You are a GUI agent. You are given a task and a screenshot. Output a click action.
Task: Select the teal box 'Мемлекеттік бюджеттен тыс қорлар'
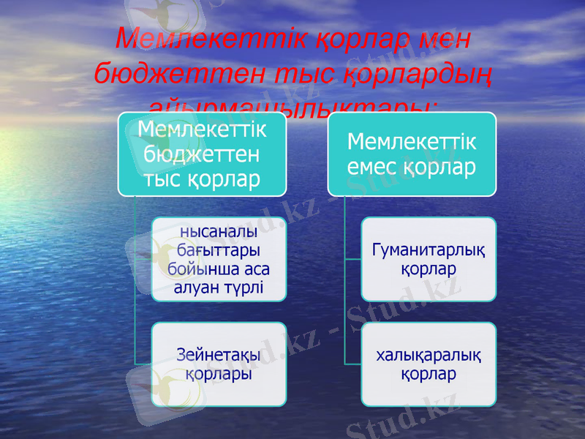202,154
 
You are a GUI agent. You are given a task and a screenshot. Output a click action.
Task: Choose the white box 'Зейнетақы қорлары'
219,364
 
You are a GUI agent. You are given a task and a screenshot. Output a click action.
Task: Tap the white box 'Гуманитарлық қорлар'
429,259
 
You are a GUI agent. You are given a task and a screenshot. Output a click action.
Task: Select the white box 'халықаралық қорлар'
429,364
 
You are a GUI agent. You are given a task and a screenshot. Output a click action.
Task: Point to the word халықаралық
429,356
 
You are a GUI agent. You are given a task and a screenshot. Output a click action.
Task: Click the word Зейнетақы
219,356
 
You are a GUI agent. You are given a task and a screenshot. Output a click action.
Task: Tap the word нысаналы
219,233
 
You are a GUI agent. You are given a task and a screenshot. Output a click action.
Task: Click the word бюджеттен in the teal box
202,154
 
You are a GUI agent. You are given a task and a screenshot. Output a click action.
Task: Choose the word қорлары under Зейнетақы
219,374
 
